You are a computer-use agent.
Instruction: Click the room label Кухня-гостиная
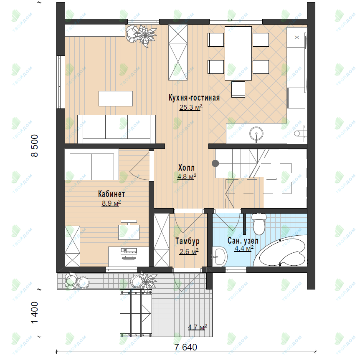194,98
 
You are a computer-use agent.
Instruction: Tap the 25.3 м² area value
191,107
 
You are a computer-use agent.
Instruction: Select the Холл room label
186,168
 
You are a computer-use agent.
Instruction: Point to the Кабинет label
112,194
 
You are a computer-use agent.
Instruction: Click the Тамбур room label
188,241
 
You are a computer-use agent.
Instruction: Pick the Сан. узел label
243,241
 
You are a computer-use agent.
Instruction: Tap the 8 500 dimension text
35,146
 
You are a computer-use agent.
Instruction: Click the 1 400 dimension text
35,312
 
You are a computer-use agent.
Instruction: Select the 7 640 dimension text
185,347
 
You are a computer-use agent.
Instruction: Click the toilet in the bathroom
259,224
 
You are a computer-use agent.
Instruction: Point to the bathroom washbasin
220,257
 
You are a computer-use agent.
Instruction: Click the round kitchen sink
256,133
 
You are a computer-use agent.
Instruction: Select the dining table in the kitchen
238,53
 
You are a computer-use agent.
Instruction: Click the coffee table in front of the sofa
116,98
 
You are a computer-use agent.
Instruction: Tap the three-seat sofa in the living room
117,129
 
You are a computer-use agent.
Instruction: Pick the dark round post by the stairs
215,163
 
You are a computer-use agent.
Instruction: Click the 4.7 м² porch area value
198,327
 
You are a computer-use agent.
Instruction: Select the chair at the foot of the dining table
238,89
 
